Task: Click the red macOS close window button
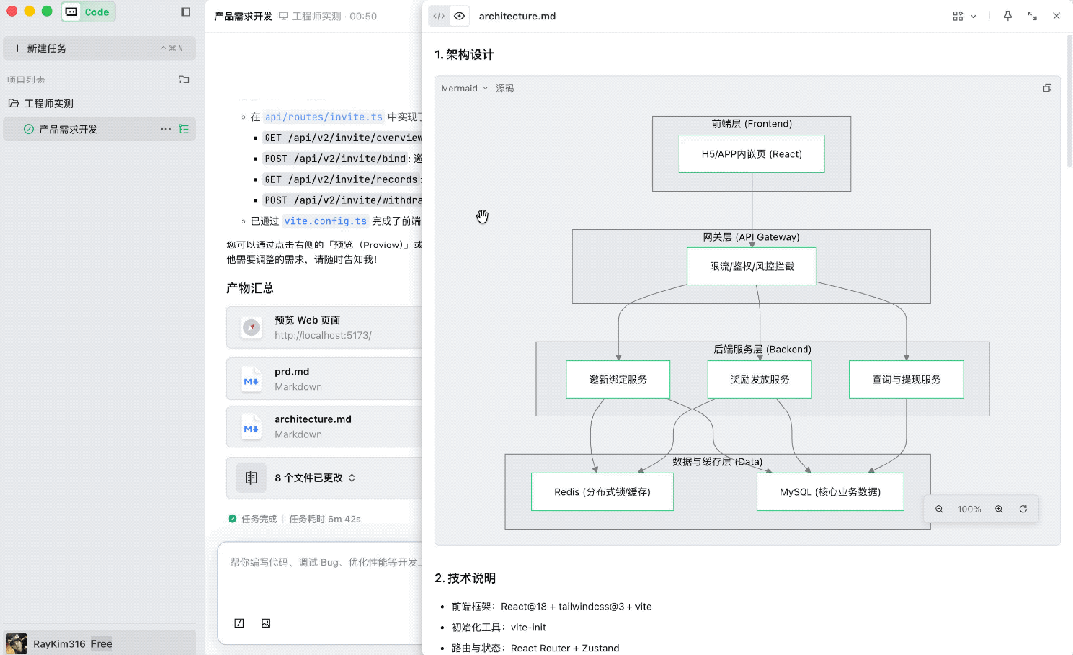tap(12, 12)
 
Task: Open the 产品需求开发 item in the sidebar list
tap(68, 129)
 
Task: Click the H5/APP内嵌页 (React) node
tap(752, 154)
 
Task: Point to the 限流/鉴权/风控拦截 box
tap(752, 266)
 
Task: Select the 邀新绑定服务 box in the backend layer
tap(618, 379)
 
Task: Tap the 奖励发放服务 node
tap(759, 379)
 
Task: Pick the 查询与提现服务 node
tap(905, 379)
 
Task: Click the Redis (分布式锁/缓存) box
tap(603, 492)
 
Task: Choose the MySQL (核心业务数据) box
tap(829, 492)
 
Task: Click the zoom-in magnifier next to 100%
tap(998, 509)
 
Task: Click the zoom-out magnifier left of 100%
tap(939, 509)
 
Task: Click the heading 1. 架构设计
tap(463, 54)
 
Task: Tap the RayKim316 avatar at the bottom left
tap(16, 643)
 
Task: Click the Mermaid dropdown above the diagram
tap(464, 88)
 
